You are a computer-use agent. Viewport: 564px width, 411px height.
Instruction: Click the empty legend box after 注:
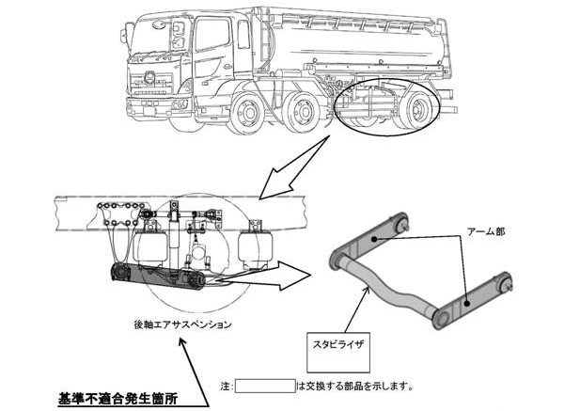[265, 385]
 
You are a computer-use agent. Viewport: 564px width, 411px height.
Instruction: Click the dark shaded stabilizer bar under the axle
[155, 277]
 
